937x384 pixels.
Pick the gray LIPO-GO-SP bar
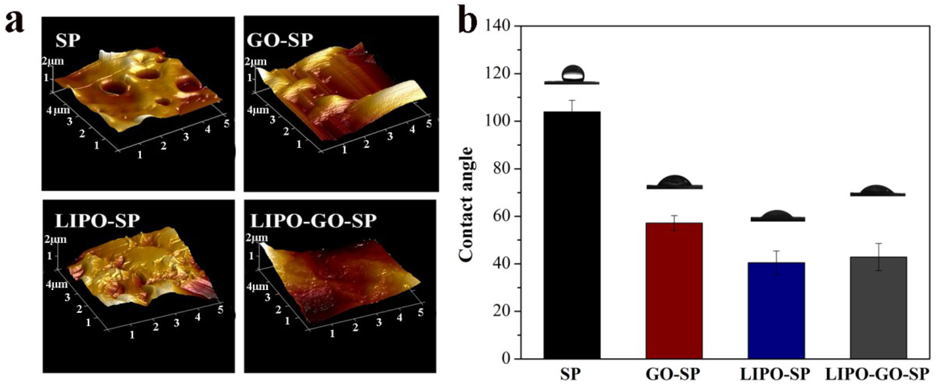pyautogui.click(x=878, y=308)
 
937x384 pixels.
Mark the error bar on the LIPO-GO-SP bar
pyautogui.click(x=878, y=257)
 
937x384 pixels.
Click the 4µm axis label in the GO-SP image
pyautogui.click(x=258, y=110)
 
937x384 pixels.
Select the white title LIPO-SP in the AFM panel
pyautogui.click(x=97, y=220)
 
